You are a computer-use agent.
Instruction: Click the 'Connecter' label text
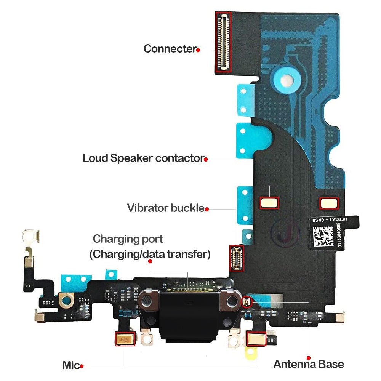tap(170, 49)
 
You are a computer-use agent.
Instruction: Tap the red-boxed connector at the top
tap(223, 42)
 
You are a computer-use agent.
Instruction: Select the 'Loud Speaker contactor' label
tap(143, 158)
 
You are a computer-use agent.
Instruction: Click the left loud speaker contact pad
tap(269, 202)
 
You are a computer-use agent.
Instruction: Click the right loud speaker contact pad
tap(329, 203)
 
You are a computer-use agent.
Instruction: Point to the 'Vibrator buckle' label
tap(166, 208)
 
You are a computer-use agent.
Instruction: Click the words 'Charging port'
tap(128, 239)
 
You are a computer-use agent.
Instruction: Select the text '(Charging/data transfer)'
tap(150, 254)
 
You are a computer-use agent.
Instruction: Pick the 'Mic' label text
tap(71, 366)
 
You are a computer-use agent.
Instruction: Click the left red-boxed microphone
tap(125, 339)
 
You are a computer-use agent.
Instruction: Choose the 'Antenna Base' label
tap(309, 364)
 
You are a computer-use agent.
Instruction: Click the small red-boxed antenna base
tap(246, 302)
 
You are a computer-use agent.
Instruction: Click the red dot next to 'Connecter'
tap(198, 50)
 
